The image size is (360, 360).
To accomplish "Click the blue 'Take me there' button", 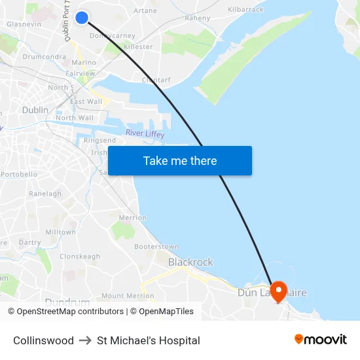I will click(180, 160).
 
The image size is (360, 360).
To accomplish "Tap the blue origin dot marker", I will click(82, 18).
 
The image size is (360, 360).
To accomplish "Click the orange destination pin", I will click(279, 291).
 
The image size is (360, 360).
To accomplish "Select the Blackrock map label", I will click(190, 262).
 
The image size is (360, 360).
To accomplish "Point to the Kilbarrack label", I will click(245, 10).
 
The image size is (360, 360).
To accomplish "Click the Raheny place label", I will click(197, 19).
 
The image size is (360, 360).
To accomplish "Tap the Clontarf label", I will click(156, 81).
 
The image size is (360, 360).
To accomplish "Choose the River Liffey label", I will click(145, 134).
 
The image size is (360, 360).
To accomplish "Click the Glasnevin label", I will click(24, 24).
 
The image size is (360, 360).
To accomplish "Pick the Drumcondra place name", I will click(43, 57).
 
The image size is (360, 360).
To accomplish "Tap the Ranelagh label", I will click(45, 194).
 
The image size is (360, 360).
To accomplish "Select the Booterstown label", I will click(156, 247).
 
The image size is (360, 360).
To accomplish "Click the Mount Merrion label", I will click(128, 296).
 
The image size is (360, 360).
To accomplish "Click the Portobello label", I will click(19, 175).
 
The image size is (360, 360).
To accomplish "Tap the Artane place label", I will click(145, 10).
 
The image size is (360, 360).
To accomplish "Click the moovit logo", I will click(320, 340).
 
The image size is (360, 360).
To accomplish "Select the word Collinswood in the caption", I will click(43, 340).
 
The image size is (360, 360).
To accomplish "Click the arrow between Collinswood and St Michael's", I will click(85, 340).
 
